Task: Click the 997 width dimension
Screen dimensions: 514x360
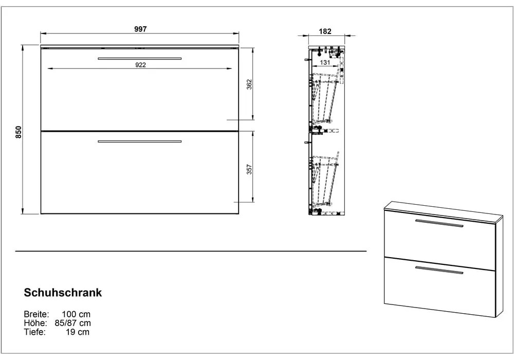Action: [x=140, y=29]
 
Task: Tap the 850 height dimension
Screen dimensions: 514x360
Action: [x=19, y=132]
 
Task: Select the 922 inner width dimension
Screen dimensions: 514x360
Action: [x=140, y=65]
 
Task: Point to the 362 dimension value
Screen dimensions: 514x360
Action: [x=249, y=84]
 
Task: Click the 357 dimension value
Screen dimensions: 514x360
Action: [x=249, y=169]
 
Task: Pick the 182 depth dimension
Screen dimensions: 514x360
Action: [x=325, y=31]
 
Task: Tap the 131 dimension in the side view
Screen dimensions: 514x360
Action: [x=324, y=62]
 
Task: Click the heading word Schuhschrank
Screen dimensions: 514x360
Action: [x=63, y=293]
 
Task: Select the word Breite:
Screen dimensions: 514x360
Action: [x=36, y=314]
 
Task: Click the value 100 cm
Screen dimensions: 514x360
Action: [x=76, y=314]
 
